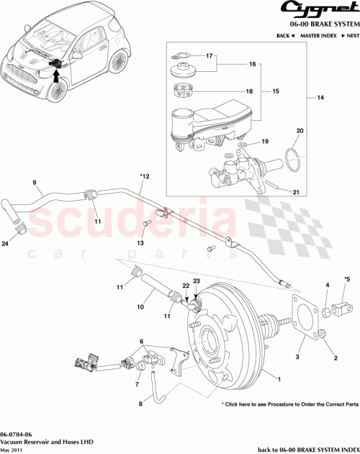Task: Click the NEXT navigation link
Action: [349, 35]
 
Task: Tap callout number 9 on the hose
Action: [34, 183]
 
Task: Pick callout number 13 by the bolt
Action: [140, 244]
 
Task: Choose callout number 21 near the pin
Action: [295, 193]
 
